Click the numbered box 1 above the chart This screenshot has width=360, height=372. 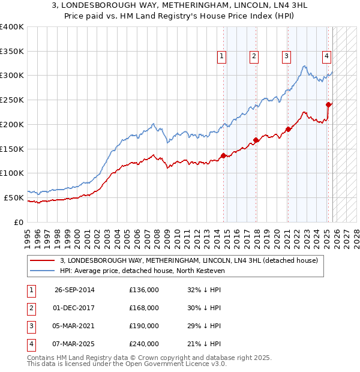(221, 56)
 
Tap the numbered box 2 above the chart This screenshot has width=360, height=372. (254, 56)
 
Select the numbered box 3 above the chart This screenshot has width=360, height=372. (286, 56)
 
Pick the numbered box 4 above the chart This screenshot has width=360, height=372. (326, 56)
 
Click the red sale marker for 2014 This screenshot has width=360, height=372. (224, 156)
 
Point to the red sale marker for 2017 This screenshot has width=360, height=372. (256, 140)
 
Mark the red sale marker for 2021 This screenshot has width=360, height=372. (289, 129)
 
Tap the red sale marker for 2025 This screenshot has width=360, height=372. (329, 104)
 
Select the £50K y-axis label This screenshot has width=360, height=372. (14, 197)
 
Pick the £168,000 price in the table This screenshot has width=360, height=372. (144, 308)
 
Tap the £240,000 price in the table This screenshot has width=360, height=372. (144, 344)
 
